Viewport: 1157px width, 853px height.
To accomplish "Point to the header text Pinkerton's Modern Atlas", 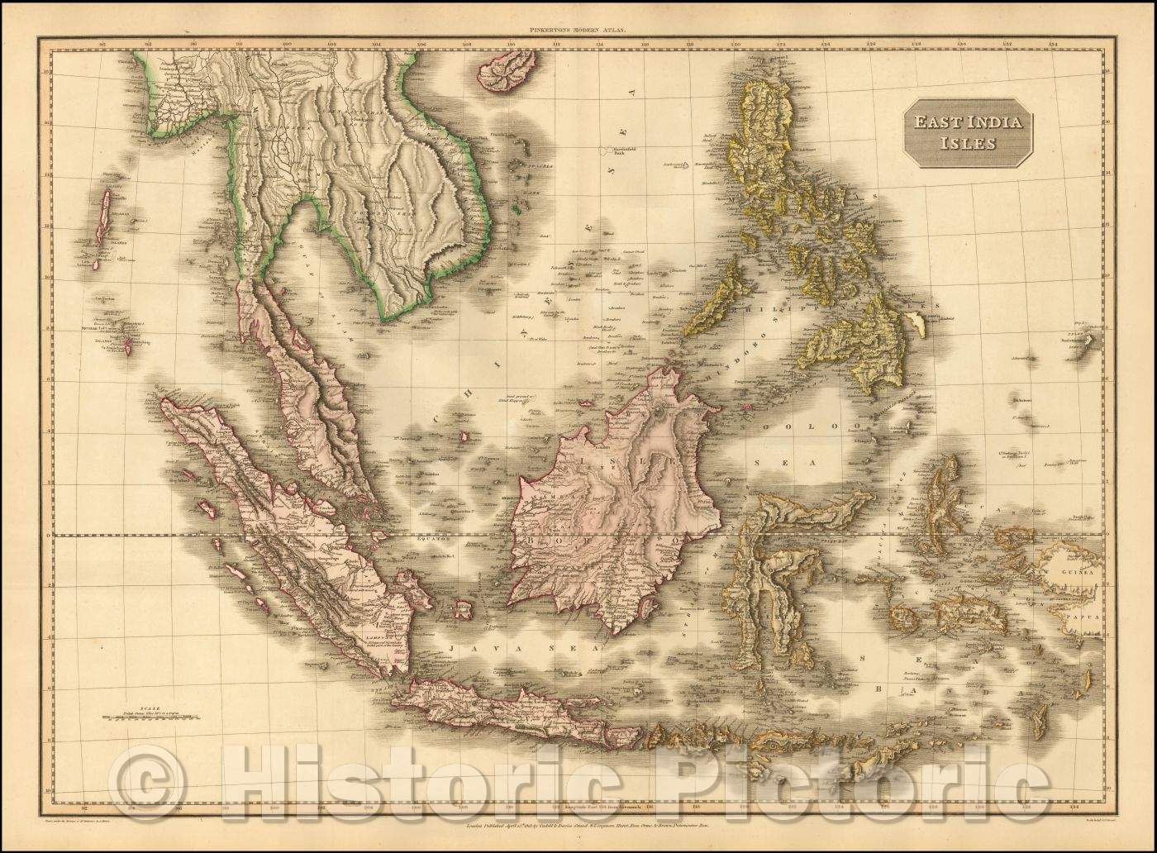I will [578, 30].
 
